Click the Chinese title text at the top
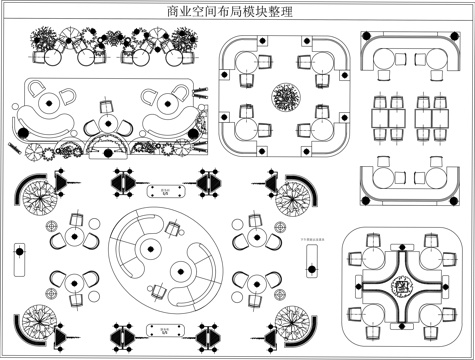237,10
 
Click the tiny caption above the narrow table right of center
310,240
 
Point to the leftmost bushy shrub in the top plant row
42,41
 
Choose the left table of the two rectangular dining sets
386,117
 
